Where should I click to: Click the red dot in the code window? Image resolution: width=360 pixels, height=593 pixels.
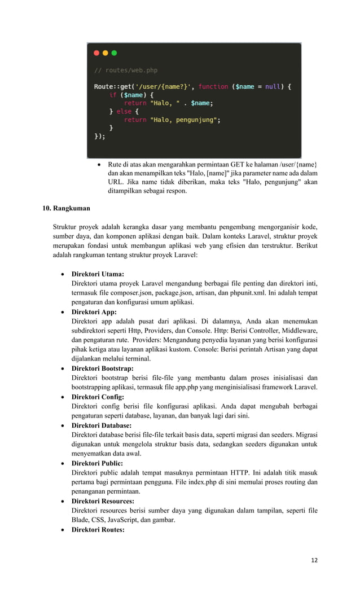coord(96,53)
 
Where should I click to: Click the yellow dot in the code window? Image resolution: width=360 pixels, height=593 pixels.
coord(106,53)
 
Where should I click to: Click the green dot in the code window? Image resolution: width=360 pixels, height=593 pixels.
coord(114,53)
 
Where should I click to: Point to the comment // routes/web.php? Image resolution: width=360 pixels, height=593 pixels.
coord(125,71)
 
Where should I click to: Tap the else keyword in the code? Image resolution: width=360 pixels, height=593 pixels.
coord(124,112)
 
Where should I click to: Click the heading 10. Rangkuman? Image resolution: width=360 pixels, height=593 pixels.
coord(67,208)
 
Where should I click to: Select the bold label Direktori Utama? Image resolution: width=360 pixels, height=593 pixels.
coord(98,274)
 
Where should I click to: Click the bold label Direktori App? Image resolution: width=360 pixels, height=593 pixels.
coord(94,311)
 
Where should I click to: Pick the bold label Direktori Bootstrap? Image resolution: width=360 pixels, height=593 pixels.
coord(102,368)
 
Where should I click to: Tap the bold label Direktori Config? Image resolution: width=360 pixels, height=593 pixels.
coord(97,397)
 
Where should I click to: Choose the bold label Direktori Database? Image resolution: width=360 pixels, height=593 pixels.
coord(101,425)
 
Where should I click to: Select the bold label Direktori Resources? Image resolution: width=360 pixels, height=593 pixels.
coord(103,500)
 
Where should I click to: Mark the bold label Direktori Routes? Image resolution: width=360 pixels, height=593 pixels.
coord(98,529)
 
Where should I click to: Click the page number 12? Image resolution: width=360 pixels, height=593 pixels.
coord(314,560)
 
